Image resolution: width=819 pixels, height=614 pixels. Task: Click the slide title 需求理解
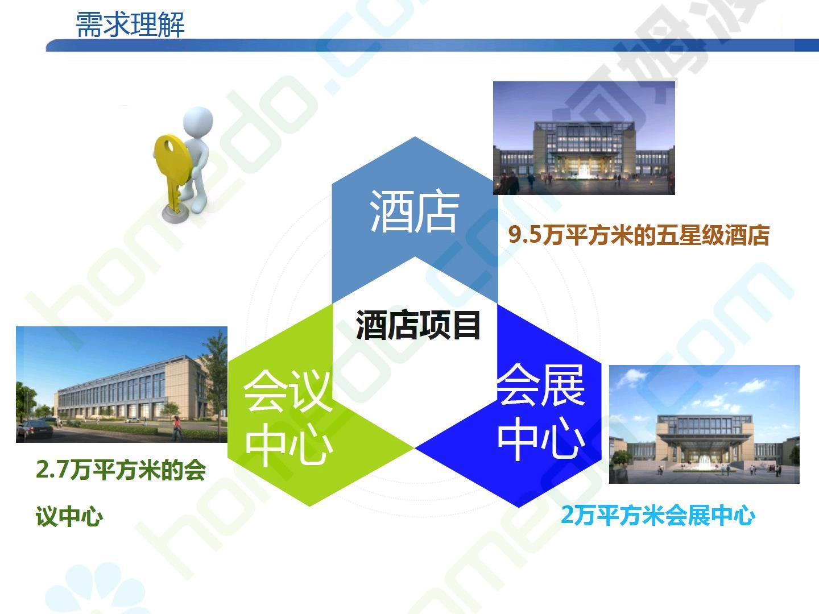tap(130, 24)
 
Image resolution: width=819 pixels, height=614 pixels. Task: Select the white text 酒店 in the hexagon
tap(414, 211)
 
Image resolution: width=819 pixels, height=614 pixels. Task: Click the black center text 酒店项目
tap(418, 325)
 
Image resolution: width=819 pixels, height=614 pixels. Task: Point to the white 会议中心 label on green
tap(287, 417)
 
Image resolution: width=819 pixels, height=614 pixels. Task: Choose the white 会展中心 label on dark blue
tap(541, 412)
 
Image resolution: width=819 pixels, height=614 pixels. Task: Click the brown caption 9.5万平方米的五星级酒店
tap(639, 235)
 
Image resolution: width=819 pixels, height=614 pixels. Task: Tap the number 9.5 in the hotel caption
tap(524, 235)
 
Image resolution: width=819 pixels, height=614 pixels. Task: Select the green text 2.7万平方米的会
tap(121, 470)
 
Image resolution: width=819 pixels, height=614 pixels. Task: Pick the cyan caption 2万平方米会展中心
tap(658, 515)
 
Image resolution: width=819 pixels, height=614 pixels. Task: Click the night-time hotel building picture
tap(584, 138)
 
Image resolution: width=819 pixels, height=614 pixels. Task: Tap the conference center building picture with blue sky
tap(122, 384)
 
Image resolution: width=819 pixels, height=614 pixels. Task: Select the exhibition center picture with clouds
tap(704, 424)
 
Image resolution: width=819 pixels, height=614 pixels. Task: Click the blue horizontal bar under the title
tap(432, 45)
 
